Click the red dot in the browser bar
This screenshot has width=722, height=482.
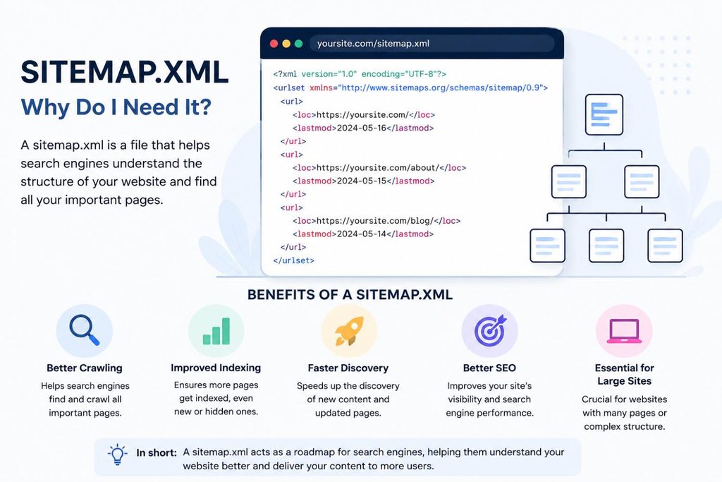point(274,43)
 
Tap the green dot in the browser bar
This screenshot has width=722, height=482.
point(298,43)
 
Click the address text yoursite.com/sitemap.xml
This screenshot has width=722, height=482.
point(373,43)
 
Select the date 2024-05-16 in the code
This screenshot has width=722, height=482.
point(362,128)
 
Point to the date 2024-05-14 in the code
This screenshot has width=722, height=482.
point(362,234)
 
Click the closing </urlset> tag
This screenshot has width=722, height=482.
point(293,260)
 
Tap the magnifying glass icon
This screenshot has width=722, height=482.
point(85,330)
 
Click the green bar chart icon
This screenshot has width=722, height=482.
point(216,331)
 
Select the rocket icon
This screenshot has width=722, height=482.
point(348,331)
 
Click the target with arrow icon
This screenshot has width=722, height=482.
point(490,331)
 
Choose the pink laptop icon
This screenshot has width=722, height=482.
point(625,331)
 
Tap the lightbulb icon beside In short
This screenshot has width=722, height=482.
point(118,454)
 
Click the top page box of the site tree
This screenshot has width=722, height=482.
point(604,115)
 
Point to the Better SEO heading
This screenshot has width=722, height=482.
point(489,368)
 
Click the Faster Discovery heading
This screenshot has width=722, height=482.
point(348,368)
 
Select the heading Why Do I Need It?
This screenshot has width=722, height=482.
point(116,107)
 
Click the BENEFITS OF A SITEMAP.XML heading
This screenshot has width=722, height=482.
point(350,294)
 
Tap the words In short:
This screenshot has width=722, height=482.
point(157,452)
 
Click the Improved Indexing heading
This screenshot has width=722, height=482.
point(216,368)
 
